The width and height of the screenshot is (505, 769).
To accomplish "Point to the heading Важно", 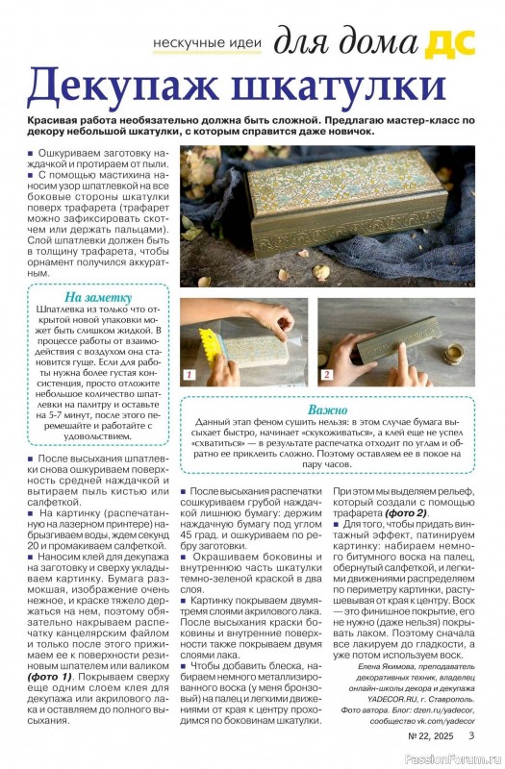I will (x=329, y=409).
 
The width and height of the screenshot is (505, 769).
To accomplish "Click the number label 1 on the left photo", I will (x=190, y=374).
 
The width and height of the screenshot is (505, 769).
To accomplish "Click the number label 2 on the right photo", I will (x=327, y=374).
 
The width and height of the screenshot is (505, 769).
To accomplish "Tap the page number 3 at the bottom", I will (x=471, y=736).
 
